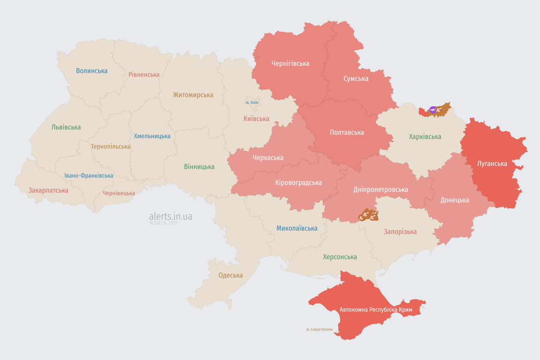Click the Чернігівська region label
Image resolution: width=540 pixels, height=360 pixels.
coord(290,63)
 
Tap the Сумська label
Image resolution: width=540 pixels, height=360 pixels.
coord(356,79)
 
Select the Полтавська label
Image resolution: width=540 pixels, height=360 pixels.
coord(347,133)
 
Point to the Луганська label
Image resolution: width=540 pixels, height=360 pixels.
coord(492,164)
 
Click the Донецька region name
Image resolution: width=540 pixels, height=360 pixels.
coord(454,200)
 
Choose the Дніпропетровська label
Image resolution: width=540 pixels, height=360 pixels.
coord(380,189)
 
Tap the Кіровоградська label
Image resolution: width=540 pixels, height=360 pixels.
coord(298,182)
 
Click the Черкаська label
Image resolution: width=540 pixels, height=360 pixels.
coord(268,157)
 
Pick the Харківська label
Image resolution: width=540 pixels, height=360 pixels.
coord(425,137)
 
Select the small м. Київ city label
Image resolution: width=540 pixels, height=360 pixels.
coord(252,102)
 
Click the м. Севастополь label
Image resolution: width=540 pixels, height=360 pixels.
coord(319,329)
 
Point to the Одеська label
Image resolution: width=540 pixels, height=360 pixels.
coord(231,275)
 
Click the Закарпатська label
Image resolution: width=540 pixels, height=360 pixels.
coord(48,190)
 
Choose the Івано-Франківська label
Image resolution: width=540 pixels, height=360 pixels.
coord(89,176)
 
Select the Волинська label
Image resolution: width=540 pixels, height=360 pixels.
coord(91,71)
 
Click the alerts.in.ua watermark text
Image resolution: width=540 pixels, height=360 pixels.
coord(170,216)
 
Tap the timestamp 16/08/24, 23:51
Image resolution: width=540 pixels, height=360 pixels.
coord(163,223)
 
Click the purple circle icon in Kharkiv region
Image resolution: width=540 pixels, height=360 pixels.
coord(433,110)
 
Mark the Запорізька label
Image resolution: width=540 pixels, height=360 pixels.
coord(400,232)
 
